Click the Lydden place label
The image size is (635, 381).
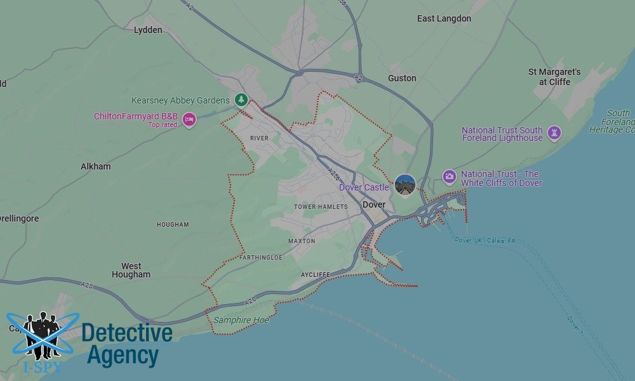(x=148, y=30)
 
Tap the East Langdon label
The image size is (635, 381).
(x=444, y=18)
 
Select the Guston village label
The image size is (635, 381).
(x=402, y=78)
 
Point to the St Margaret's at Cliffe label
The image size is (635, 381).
(x=554, y=77)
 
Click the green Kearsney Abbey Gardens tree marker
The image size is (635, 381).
(x=241, y=100)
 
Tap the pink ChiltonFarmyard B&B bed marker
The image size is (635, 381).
(x=189, y=119)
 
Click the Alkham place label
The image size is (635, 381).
(x=95, y=166)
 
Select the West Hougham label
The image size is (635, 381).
(x=131, y=271)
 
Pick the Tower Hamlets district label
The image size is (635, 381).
(x=321, y=207)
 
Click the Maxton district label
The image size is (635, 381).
(x=302, y=241)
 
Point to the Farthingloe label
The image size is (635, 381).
(x=261, y=258)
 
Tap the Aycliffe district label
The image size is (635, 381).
(x=316, y=274)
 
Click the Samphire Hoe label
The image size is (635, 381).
(x=241, y=320)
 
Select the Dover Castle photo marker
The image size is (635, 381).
(x=405, y=185)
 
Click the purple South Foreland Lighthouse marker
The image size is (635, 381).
(x=554, y=133)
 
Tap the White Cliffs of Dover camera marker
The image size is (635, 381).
(x=450, y=177)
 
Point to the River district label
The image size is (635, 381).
(x=259, y=138)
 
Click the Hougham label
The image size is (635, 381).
(x=173, y=225)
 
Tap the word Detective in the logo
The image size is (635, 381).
(x=127, y=333)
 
